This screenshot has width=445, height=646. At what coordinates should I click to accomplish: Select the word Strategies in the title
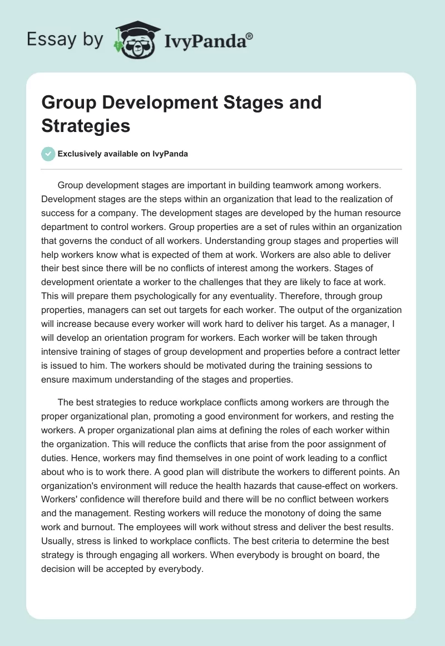pyautogui.click(x=86, y=125)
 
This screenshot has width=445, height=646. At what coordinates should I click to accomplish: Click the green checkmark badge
pyautogui.click(x=48, y=154)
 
